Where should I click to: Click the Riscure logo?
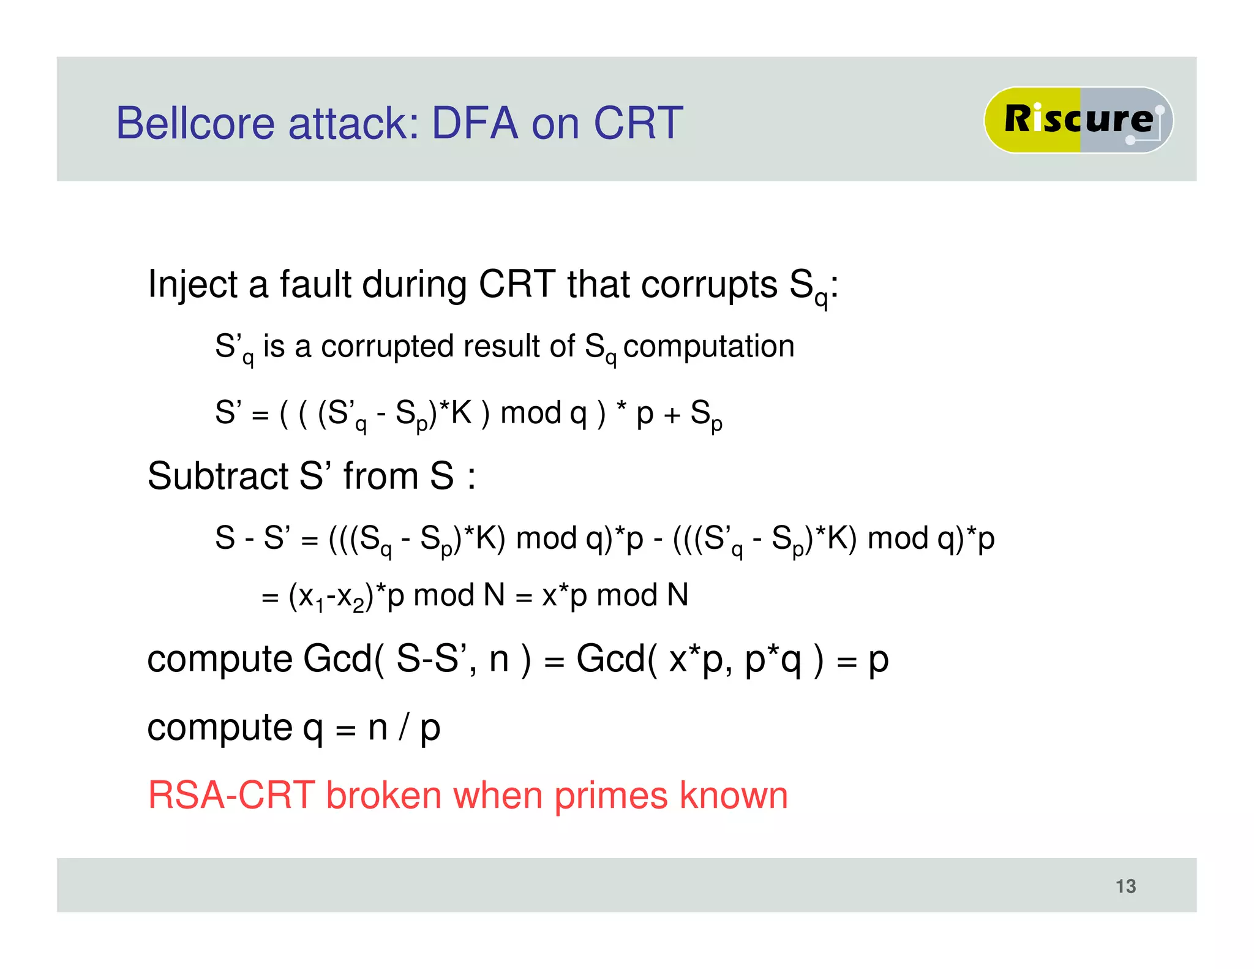(1078, 119)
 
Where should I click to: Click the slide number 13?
(1125, 886)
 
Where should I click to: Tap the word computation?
(708, 347)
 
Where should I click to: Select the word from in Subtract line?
(380, 476)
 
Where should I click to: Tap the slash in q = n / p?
(404, 728)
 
